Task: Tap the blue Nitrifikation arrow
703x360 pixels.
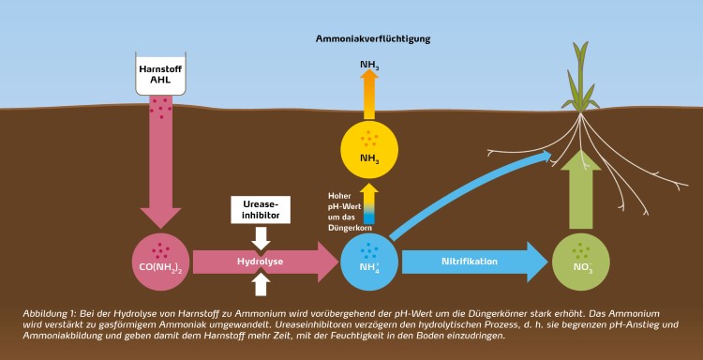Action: pyautogui.click(x=473, y=262)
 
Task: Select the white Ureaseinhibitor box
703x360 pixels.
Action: pyautogui.click(x=262, y=209)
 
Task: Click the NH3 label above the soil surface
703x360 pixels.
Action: pyautogui.click(x=369, y=66)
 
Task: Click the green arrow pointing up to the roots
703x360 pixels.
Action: pyautogui.click(x=580, y=192)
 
